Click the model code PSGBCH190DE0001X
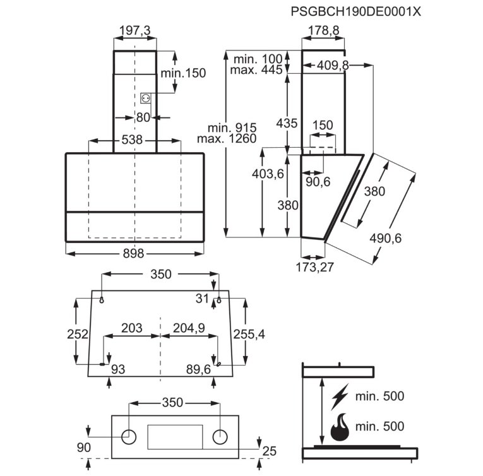(x=356, y=12)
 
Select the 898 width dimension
(x=133, y=254)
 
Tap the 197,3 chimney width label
(x=134, y=30)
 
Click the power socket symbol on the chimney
(x=145, y=98)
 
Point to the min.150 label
(x=183, y=73)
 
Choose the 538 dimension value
(x=132, y=140)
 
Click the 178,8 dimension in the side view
(x=323, y=30)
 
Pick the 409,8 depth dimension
(x=333, y=65)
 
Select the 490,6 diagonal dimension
(x=386, y=238)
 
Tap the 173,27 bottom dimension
(x=315, y=267)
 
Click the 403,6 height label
(x=268, y=174)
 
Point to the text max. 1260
(x=227, y=139)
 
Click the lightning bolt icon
(x=340, y=396)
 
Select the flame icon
(x=340, y=426)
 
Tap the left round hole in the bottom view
(x=129, y=437)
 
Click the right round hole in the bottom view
(x=220, y=437)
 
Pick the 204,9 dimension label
(x=189, y=328)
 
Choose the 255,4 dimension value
(x=249, y=335)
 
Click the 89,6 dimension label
(x=198, y=369)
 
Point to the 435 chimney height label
(x=287, y=123)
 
